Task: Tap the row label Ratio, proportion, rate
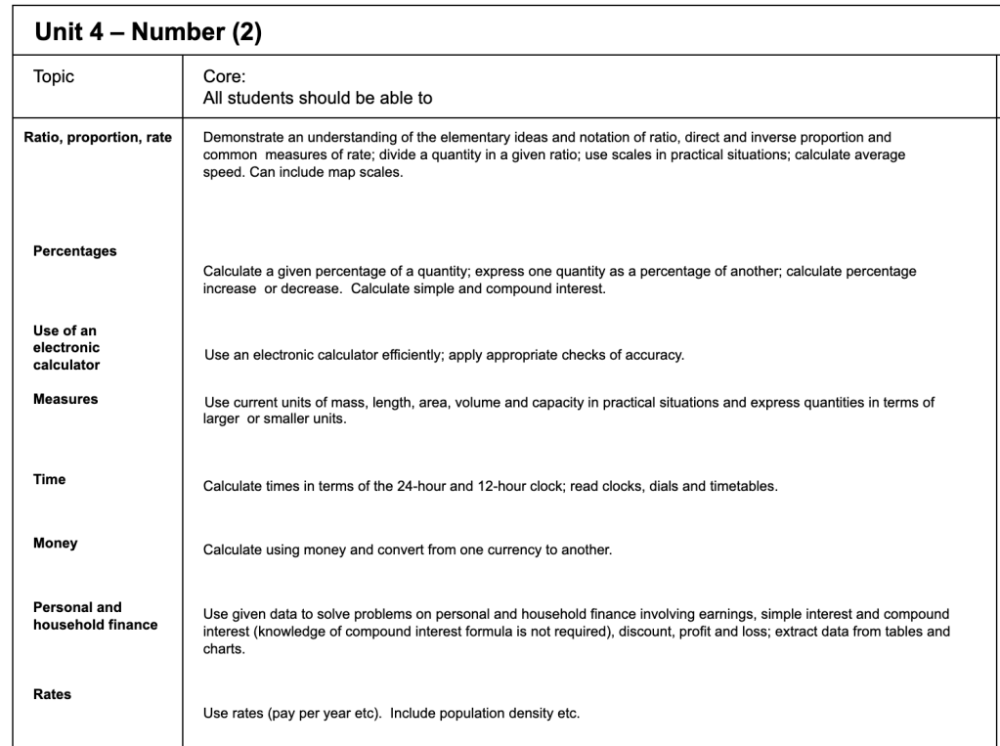pyautogui.click(x=98, y=137)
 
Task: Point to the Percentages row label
pyautogui.click(x=74, y=251)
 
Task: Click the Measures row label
pyautogui.click(x=65, y=399)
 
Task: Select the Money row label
pyautogui.click(x=55, y=542)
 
